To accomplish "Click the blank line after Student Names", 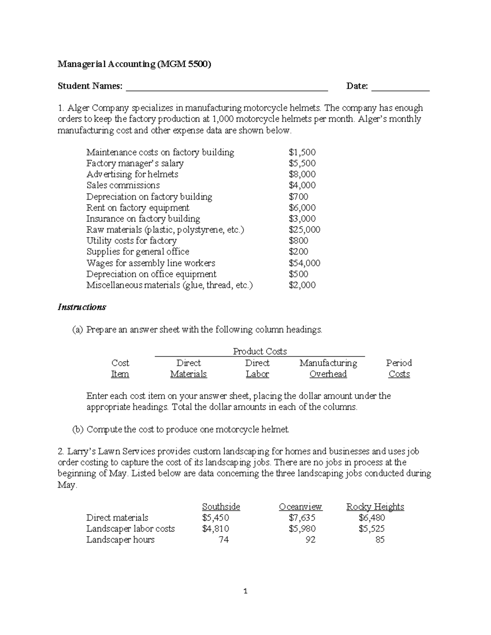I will click(227, 87).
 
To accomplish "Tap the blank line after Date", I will click(400, 87).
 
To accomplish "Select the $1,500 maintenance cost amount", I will click(302, 153).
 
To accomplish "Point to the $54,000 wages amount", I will click(304, 263).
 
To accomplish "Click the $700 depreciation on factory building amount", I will click(298, 197).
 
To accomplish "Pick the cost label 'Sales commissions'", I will click(123, 185).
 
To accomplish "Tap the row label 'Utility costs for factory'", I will click(131, 240).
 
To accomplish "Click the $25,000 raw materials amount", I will click(304, 230).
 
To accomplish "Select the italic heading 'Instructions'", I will click(82, 307).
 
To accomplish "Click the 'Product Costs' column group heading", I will click(260, 351).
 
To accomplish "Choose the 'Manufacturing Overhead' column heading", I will click(328, 368).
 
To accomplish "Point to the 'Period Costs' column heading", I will click(399, 368).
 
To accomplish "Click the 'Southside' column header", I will click(221, 507).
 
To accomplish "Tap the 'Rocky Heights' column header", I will click(375, 507).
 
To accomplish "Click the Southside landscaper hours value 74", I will click(223, 540).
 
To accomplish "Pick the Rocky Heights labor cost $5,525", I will click(372, 529).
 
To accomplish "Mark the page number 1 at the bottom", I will click(245, 591).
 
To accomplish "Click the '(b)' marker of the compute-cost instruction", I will click(78, 429).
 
